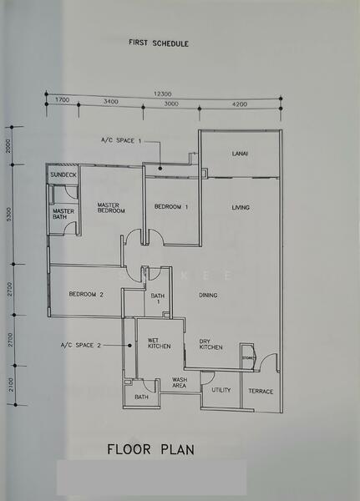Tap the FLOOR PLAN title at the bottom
150,450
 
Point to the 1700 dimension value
62,102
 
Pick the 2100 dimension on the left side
8,386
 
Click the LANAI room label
241,154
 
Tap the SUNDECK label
63,175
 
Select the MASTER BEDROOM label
110,208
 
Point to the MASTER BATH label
63,215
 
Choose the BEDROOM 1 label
170,206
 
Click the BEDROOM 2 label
86,294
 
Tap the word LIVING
241,207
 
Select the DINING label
209,295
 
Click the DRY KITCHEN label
210,343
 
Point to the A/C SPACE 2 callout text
80,345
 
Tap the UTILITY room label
221,390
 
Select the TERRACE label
261,391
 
